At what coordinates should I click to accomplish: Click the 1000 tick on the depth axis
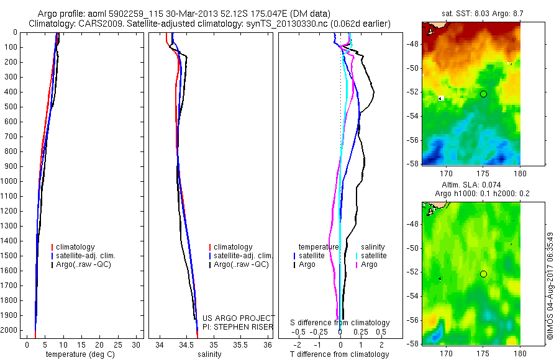click(x=10, y=181)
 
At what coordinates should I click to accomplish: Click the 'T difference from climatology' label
click(x=339, y=354)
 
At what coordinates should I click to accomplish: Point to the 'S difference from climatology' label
click(x=340, y=323)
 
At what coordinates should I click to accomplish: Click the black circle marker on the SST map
click(x=483, y=94)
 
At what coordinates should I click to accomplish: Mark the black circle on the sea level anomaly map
click(x=483, y=274)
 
